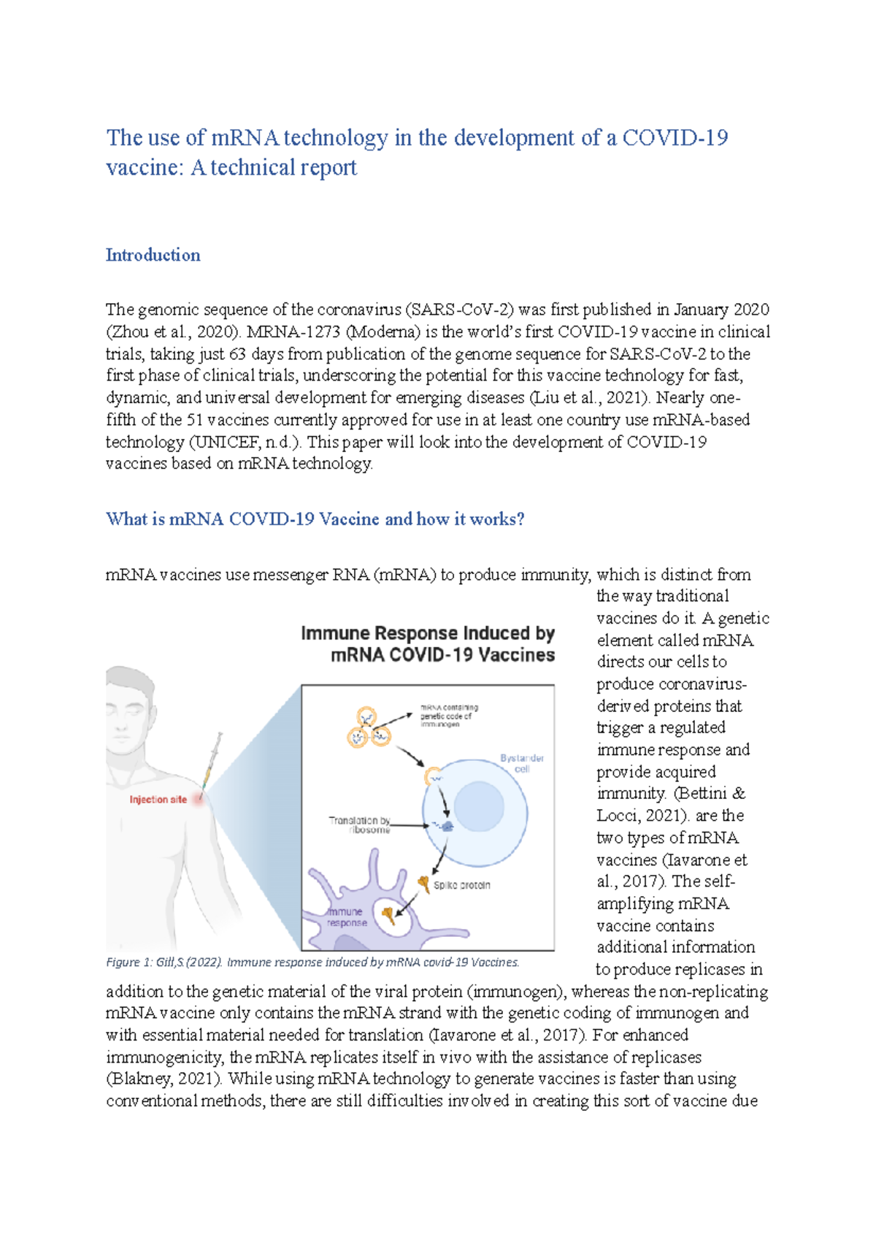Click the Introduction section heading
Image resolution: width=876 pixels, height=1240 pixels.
pyautogui.click(x=153, y=255)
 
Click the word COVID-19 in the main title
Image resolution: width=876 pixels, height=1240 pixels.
pyautogui.click(x=675, y=137)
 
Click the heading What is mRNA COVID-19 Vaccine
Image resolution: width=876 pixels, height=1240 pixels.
pyautogui.click(x=315, y=519)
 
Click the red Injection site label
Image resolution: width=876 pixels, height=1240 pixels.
pyautogui.click(x=158, y=800)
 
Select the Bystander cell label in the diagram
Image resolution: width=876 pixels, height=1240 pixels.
pyautogui.click(x=522, y=763)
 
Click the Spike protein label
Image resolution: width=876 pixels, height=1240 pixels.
pyautogui.click(x=461, y=885)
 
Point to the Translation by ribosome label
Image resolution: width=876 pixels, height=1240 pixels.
pyautogui.click(x=359, y=824)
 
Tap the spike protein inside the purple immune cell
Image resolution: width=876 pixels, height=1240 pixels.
pyautogui.click(x=388, y=914)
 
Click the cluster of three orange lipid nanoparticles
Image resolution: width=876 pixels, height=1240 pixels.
pyautogui.click(x=368, y=727)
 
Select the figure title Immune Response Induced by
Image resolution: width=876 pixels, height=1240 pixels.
pyautogui.click(x=428, y=633)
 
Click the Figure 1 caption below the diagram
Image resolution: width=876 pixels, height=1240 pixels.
pyautogui.click(x=312, y=962)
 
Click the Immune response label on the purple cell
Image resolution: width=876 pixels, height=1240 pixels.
pyautogui.click(x=346, y=917)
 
